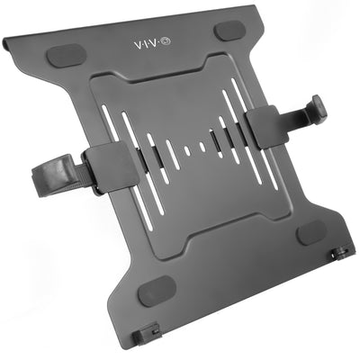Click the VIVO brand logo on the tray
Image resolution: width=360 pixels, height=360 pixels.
pyautogui.click(x=155, y=44)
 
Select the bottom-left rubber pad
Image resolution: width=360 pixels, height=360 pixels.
pyautogui.click(x=157, y=290)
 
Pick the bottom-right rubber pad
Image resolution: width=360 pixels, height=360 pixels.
pyautogui.click(x=311, y=230)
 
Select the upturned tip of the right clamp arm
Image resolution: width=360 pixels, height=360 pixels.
pyautogui.click(x=319, y=107)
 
